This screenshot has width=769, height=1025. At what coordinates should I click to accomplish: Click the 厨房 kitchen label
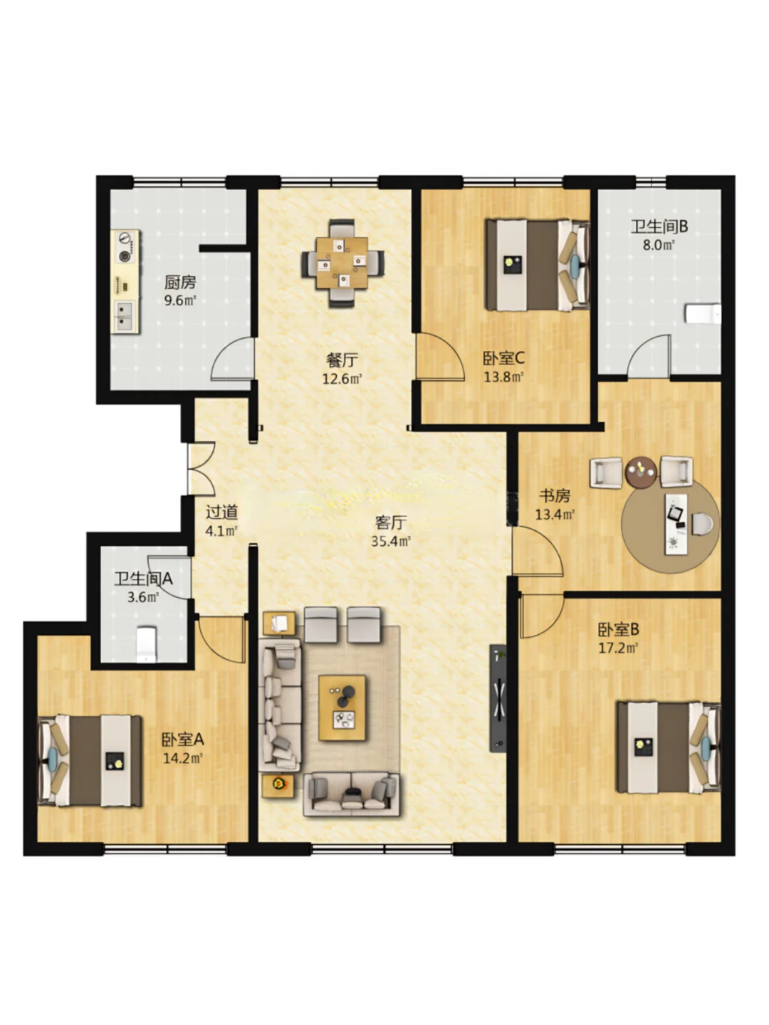(179, 282)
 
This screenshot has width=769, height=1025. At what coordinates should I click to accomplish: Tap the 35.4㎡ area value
(391, 541)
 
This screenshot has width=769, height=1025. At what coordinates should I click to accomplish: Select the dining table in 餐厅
(342, 263)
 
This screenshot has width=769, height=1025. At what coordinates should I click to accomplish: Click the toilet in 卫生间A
(146, 644)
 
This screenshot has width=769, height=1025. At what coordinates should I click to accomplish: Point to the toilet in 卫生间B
(703, 313)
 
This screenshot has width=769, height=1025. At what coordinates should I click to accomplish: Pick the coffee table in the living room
(342, 708)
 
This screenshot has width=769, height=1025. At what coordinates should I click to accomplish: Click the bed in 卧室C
(537, 266)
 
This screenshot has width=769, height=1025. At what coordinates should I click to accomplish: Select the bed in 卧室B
(669, 747)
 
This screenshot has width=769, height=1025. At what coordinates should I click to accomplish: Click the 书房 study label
(555, 496)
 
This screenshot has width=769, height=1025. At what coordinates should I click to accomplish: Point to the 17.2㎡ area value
(618, 648)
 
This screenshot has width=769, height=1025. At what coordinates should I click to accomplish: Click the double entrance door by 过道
(201, 468)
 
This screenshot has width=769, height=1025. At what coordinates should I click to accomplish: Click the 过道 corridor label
(221, 512)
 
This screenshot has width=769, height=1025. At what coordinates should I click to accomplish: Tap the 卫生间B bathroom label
(659, 226)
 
